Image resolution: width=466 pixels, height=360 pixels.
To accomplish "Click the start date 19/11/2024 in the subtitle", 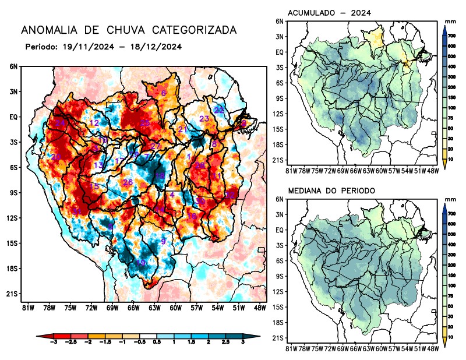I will click(x=86, y=47).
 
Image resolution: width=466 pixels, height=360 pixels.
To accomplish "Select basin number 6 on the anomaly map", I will click(x=164, y=93).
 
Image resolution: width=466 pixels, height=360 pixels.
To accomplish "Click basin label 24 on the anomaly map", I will click(x=60, y=123).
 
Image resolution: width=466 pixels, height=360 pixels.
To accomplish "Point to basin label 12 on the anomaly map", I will click(x=94, y=123).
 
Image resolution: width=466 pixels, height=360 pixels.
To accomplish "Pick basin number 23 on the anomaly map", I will click(x=204, y=119).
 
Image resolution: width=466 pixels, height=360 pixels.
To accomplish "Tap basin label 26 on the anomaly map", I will click(x=128, y=182).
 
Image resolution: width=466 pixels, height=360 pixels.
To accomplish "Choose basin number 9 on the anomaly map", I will click(x=164, y=241).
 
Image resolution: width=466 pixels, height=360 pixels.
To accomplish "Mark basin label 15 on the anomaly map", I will click(x=94, y=186).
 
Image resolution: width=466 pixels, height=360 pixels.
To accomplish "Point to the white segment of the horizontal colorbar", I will click(x=149, y=337).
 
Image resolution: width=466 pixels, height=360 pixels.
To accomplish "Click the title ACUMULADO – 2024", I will click(x=330, y=13).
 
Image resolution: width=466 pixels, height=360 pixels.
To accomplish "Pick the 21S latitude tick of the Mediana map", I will click(x=278, y=338).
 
